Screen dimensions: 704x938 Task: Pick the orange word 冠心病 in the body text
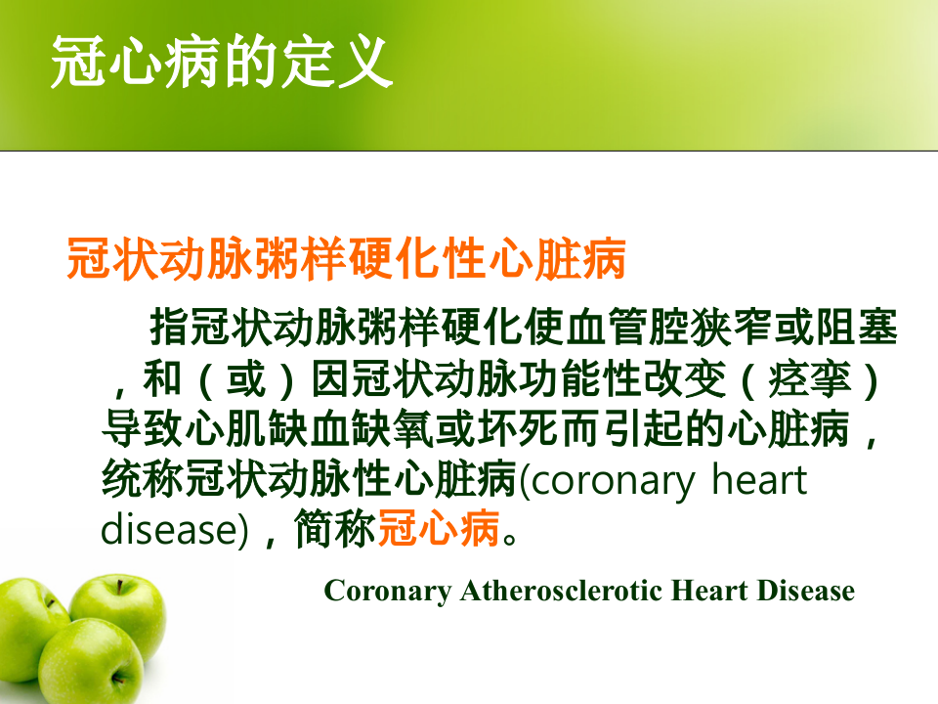439,531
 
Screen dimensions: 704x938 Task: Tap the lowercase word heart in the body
758,481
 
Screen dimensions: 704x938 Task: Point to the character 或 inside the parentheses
244,380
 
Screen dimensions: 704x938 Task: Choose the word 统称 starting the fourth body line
142,481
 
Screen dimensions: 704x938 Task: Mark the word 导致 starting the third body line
142,430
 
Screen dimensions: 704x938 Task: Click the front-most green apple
91,665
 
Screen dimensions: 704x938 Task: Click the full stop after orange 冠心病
517,536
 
